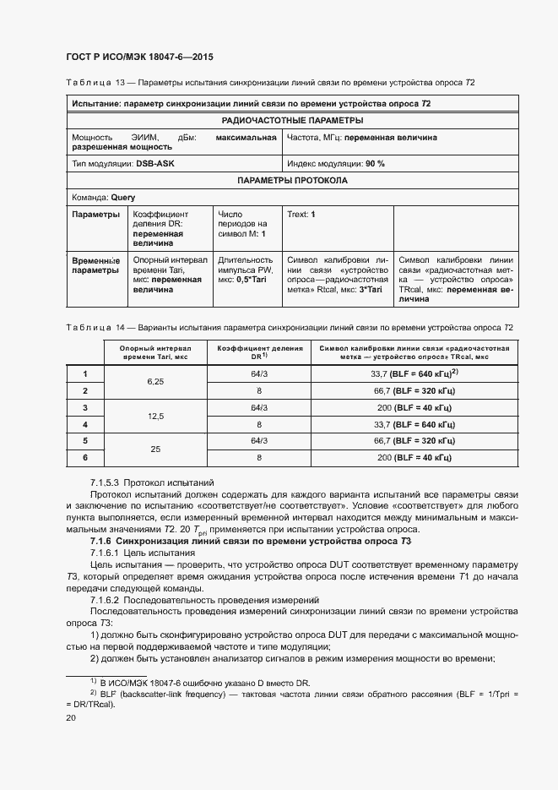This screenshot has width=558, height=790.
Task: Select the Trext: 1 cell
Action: pos(301,215)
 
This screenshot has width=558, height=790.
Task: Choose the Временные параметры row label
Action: pos(95,266)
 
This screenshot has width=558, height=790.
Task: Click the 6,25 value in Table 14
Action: pos(154,382)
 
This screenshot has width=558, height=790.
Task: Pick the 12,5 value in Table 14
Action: pos(154,416)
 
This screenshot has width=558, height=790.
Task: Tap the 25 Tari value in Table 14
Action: pos(154,449)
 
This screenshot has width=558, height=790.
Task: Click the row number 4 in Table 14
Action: pos(84,424)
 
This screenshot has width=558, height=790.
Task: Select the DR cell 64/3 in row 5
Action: pos(259,441)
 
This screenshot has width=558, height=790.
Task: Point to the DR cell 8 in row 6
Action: pos(259,458)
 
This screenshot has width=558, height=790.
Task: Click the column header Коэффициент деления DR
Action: pos(259,351)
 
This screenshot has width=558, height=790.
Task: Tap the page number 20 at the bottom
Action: pos(71,717)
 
